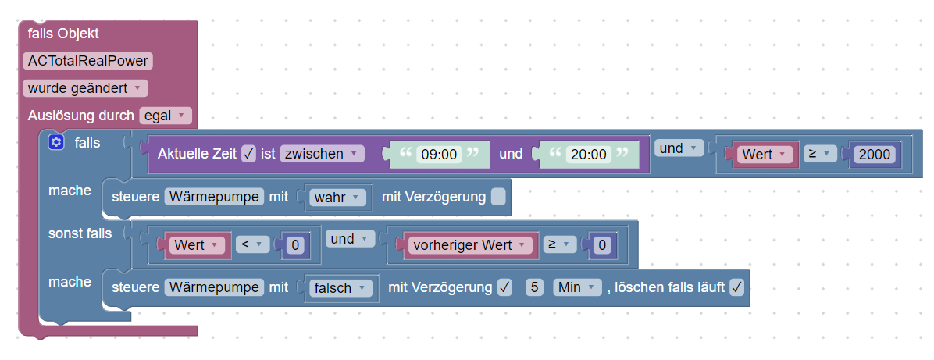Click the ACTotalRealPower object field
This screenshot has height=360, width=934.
click(88, 61)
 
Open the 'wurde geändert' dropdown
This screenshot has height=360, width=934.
click(84, 88)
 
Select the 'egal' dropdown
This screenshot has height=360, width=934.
click(165, 116)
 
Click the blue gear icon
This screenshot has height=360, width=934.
click(55, 142)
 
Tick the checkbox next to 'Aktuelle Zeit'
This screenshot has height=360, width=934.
click(249, 154)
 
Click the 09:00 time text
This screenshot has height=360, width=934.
click(438, 155)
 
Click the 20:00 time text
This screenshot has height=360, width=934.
click(589, 155)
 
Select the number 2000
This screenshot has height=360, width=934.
click(875, 155)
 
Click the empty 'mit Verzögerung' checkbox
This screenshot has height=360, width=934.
click(498, 198)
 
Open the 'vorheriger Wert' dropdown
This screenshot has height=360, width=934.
click(469, 245)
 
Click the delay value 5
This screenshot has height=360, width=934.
click(534, 287)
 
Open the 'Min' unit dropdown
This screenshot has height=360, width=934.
click(576, 287)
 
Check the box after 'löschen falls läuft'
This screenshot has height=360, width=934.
click(736, 287)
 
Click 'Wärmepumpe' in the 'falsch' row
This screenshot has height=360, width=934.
click(213, 287)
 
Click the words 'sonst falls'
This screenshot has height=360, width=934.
click(80, 233)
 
